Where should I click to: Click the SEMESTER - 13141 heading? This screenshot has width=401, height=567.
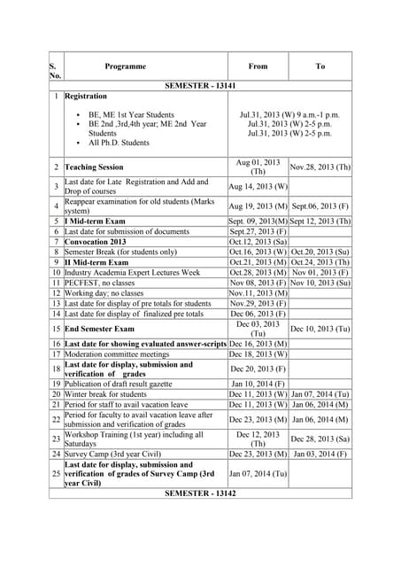pyautogui.click(x=201, y=85)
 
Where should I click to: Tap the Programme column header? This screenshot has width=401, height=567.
pyautogui.click(x=125, y=66)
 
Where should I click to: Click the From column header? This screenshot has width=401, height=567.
pyautogui.click(x=258, y=66)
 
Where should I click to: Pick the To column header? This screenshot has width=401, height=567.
pyautogui.click(x=320, y=66)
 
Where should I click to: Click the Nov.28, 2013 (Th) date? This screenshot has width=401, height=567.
pyautogui.click(x=320, y=167)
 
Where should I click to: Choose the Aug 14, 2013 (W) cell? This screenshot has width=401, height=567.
pyautogui.click(x=258, y=187)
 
